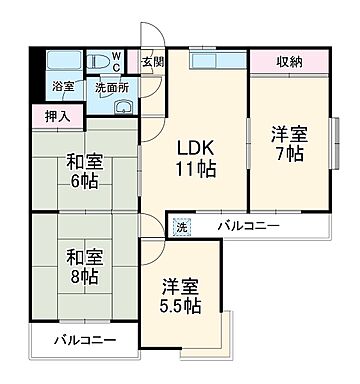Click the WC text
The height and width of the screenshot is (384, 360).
pos(116,61)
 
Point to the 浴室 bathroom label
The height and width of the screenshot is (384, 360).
pos(62,87)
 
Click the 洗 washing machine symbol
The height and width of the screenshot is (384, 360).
pos(181,228)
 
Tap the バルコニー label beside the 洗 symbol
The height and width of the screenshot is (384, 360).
pos(250,228)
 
